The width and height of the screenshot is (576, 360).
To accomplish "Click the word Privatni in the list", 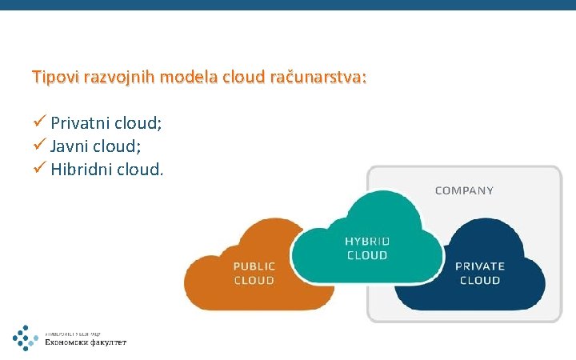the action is (x=80, y=123).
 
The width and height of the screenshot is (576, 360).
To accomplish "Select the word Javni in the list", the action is (x=70, y=146).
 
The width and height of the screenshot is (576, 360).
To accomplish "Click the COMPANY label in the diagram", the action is (x=464, y=190).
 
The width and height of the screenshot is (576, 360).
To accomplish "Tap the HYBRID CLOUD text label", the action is (x=366, y=248).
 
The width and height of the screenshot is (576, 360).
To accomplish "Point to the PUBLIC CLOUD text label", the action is (x=254, y=273).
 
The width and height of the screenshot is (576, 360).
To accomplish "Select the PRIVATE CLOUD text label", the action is (x=480, y=273).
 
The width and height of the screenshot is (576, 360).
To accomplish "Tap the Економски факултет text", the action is (x=96, y=342).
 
